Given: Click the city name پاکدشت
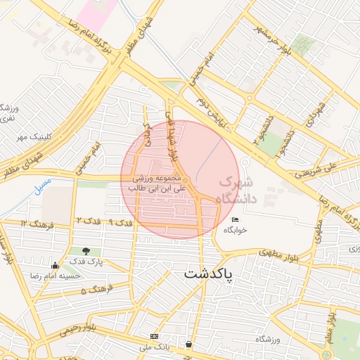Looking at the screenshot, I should point(218,274).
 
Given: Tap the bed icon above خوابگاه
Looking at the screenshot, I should point(235,221).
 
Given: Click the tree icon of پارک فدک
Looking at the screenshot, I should point(86,250).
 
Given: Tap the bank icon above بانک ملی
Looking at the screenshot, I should point(155,336).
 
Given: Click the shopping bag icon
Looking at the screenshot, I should point(188,345).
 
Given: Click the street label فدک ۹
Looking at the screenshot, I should point(122,222).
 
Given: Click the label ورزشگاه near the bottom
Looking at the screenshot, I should point(268,340).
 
